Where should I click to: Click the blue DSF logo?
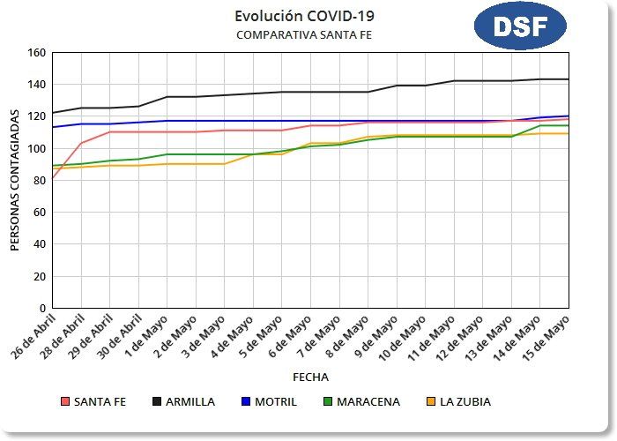(519, 26)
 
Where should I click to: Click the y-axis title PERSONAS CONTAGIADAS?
(15, 180)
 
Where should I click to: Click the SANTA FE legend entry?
(93, 402)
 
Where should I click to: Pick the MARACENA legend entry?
(361, 402)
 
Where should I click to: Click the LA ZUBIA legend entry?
(457, 402)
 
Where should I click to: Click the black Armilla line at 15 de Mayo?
(568, 79)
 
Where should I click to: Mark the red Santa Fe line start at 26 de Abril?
(53, 179)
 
